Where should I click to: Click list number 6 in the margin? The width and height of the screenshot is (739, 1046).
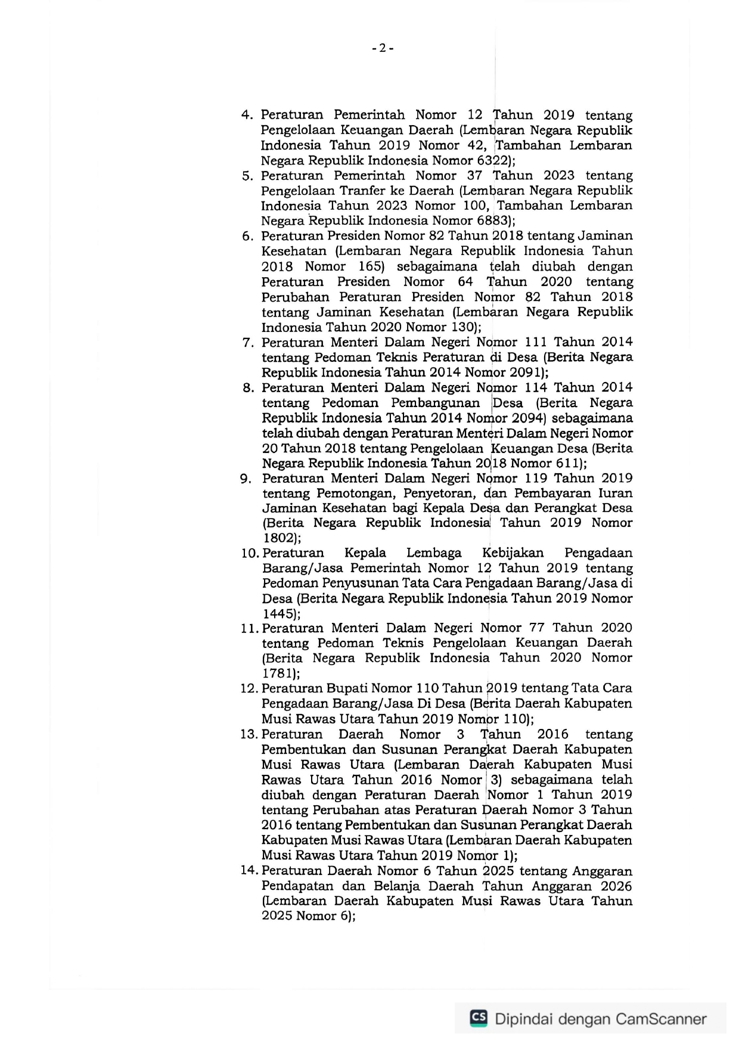[247, 236]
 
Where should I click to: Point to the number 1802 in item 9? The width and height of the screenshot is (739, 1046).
[277, 538]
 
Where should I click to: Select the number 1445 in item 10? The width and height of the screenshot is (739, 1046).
[277, 613]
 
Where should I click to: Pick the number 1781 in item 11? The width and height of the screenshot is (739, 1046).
[277, 673]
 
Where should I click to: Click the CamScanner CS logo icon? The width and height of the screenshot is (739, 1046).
[479, 1018]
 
